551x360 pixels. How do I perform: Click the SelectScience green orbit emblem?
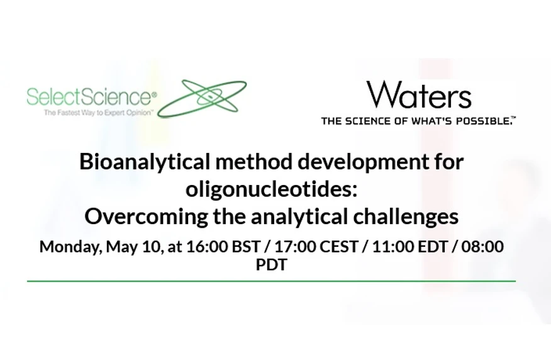click(x=202, y=98)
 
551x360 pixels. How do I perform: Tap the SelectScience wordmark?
click(x=91, y=97)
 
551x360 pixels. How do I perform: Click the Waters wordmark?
click(x=419, y=95)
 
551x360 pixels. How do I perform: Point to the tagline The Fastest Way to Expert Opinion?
click(x=98, y=113)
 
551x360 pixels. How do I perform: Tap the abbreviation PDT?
click(x=271, y=265)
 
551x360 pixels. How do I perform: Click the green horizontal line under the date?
click(x=271, y=281)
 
